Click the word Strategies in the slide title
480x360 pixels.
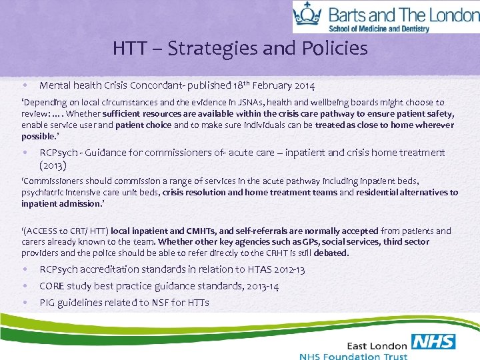point(212,49)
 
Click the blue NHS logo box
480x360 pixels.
point(433,343)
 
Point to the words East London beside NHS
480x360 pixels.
point(377,345)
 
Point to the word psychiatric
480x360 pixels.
point(44,192)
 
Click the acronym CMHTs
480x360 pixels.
point(209,231)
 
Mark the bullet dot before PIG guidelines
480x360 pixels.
point(25,303)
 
